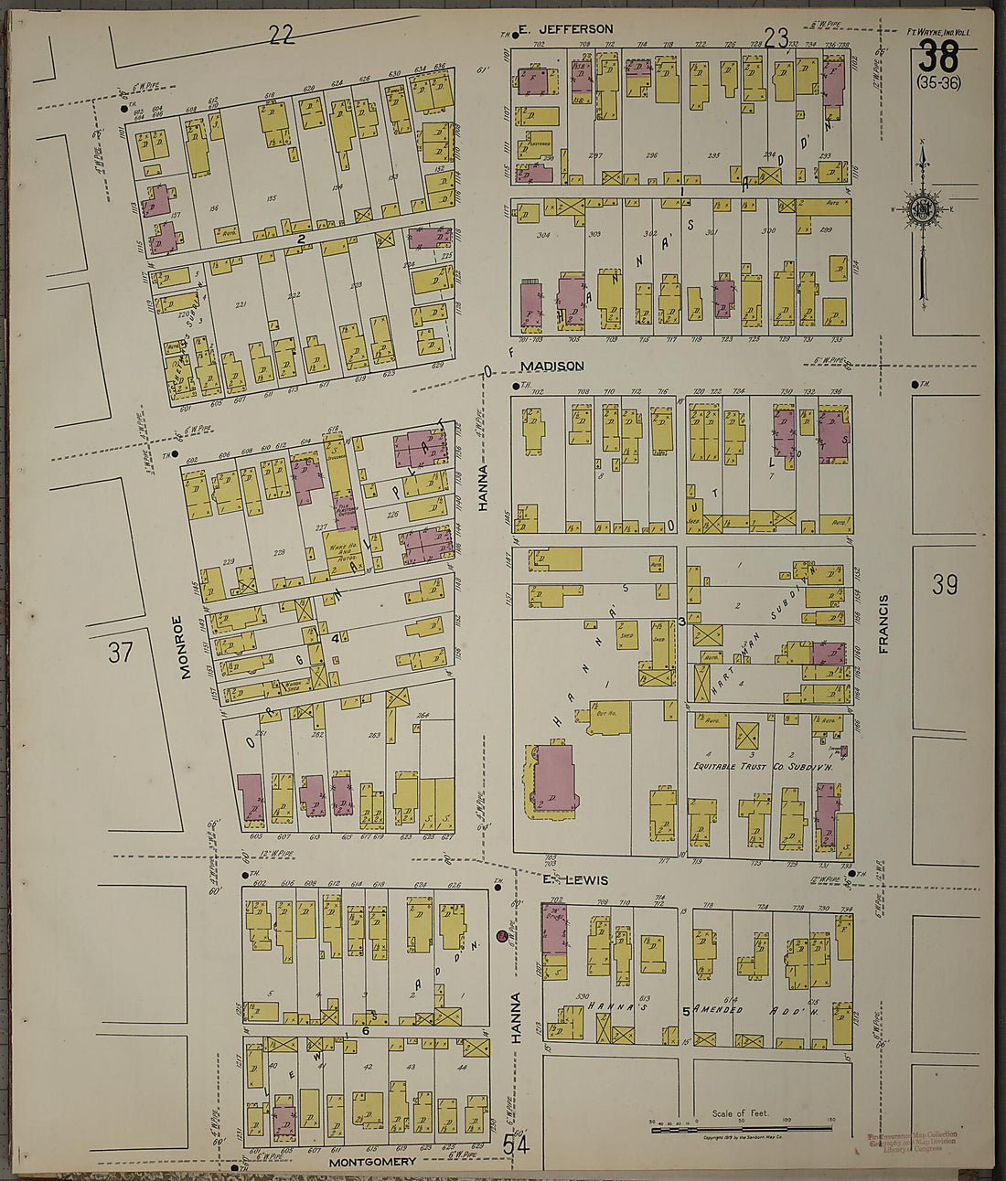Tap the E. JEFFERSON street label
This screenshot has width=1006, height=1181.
[x=565, y=29]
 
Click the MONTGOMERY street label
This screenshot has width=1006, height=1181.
[x=372, y=1162]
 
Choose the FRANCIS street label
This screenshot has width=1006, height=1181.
[x=883, y=623]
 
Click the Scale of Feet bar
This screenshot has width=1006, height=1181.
[x=741, y=1130]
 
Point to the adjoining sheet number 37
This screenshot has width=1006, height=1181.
[x=120, y=652]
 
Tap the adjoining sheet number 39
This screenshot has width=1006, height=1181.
[x=944, y=584]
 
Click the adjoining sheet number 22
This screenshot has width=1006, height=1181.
[x=282, y=35]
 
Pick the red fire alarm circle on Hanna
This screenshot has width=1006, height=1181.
[x=501, y=935]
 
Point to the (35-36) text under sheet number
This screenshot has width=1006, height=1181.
[x=938, y=84]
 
